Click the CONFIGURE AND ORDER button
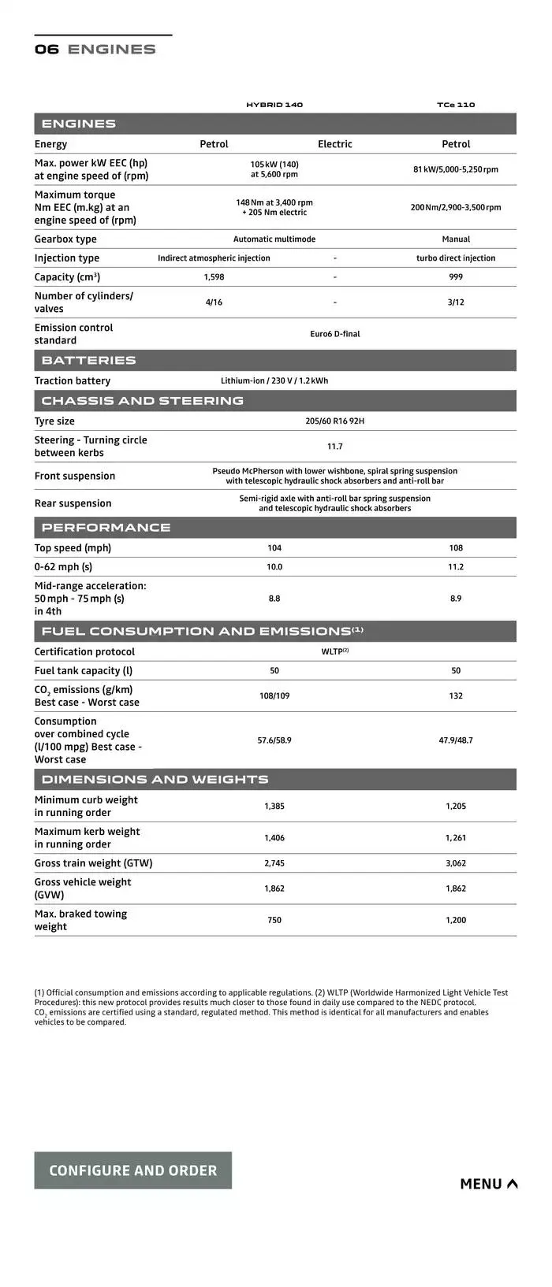point(132,1170)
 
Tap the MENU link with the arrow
point(488,1184)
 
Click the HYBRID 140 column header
point(274,105)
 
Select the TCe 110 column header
point(456,105)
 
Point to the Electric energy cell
point(334,144)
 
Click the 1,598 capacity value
point(214,277)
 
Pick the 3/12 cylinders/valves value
point(456,302)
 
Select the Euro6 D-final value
point(334,334)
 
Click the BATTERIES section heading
point(89,361)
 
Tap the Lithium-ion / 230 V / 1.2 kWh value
point(274,381)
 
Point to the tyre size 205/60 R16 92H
point(334,421)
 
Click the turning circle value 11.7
point(334,447)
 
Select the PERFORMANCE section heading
point(106,528)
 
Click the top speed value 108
point(456,548)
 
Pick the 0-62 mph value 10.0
point(274,567)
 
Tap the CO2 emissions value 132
point(456,696)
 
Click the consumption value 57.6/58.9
point(274,740)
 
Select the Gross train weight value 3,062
point(456,863)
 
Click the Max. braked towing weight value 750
point(274,920)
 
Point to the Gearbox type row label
point(65,239)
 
